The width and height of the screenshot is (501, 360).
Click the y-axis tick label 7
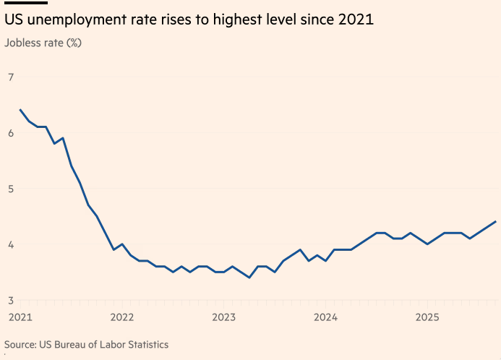point(11,77)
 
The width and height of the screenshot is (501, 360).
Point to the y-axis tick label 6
point(11,133)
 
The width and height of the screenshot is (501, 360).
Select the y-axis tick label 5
point(11,189)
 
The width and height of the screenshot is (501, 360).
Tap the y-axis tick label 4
point(11,244)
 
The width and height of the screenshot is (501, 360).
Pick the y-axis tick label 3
point(11,300)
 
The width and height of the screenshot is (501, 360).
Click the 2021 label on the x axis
point(20,317)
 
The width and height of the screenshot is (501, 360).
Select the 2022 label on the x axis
point(121,317)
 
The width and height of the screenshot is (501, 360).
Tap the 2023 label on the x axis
point(223,317)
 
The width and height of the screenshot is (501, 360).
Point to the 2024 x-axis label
point(325,317)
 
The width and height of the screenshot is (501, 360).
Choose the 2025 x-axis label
point(427,317)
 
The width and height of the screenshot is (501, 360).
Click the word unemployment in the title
point(81,20)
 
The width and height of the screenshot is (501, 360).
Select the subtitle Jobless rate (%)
point(43,42)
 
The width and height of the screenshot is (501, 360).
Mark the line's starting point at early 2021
point(20,110)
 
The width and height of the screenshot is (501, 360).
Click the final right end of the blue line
point(495,221)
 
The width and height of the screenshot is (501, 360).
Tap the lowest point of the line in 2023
point(249,278)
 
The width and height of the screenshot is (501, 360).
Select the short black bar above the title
point(26,3)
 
